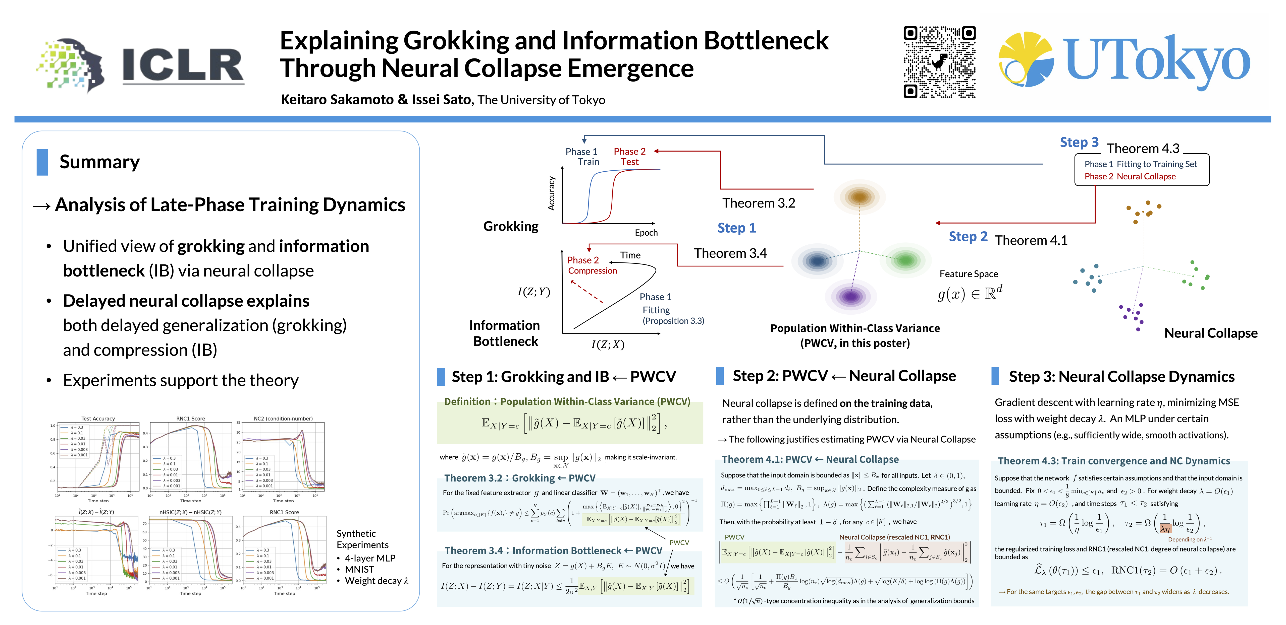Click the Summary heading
99,162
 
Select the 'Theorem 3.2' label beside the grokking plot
758,203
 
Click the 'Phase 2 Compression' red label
592,265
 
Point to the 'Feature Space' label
969,274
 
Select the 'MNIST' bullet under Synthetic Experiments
359,569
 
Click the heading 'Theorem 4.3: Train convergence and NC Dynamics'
1113,461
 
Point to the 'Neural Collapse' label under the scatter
1211,333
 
